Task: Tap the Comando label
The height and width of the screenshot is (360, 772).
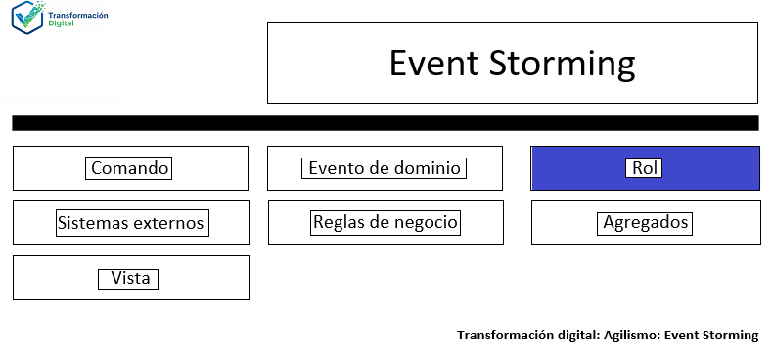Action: click(130, 168)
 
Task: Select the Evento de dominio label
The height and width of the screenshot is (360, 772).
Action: click(384, 168)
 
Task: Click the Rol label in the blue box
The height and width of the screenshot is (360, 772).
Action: click(645, 168)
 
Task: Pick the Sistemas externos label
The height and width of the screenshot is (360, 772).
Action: click(130, 223)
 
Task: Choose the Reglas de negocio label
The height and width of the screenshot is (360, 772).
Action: click(385, 222)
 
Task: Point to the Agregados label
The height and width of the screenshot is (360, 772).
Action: click(645, 223)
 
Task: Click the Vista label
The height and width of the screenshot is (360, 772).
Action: click(130, 278)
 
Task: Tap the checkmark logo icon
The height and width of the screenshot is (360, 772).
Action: click(26, 19)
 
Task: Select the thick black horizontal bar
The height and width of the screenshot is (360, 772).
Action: click(385, 123)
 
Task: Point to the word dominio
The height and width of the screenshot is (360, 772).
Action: click(426, 168)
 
